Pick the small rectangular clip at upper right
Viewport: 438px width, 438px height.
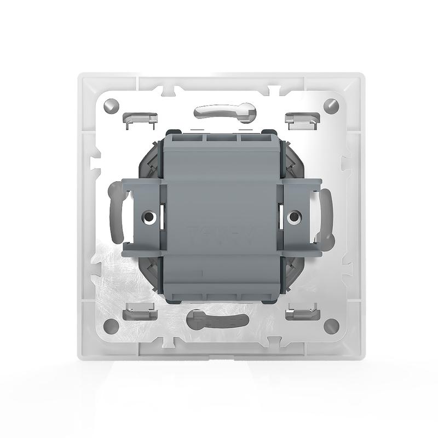click(301, 117)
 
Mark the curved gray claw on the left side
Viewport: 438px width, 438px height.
click(116, 214)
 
